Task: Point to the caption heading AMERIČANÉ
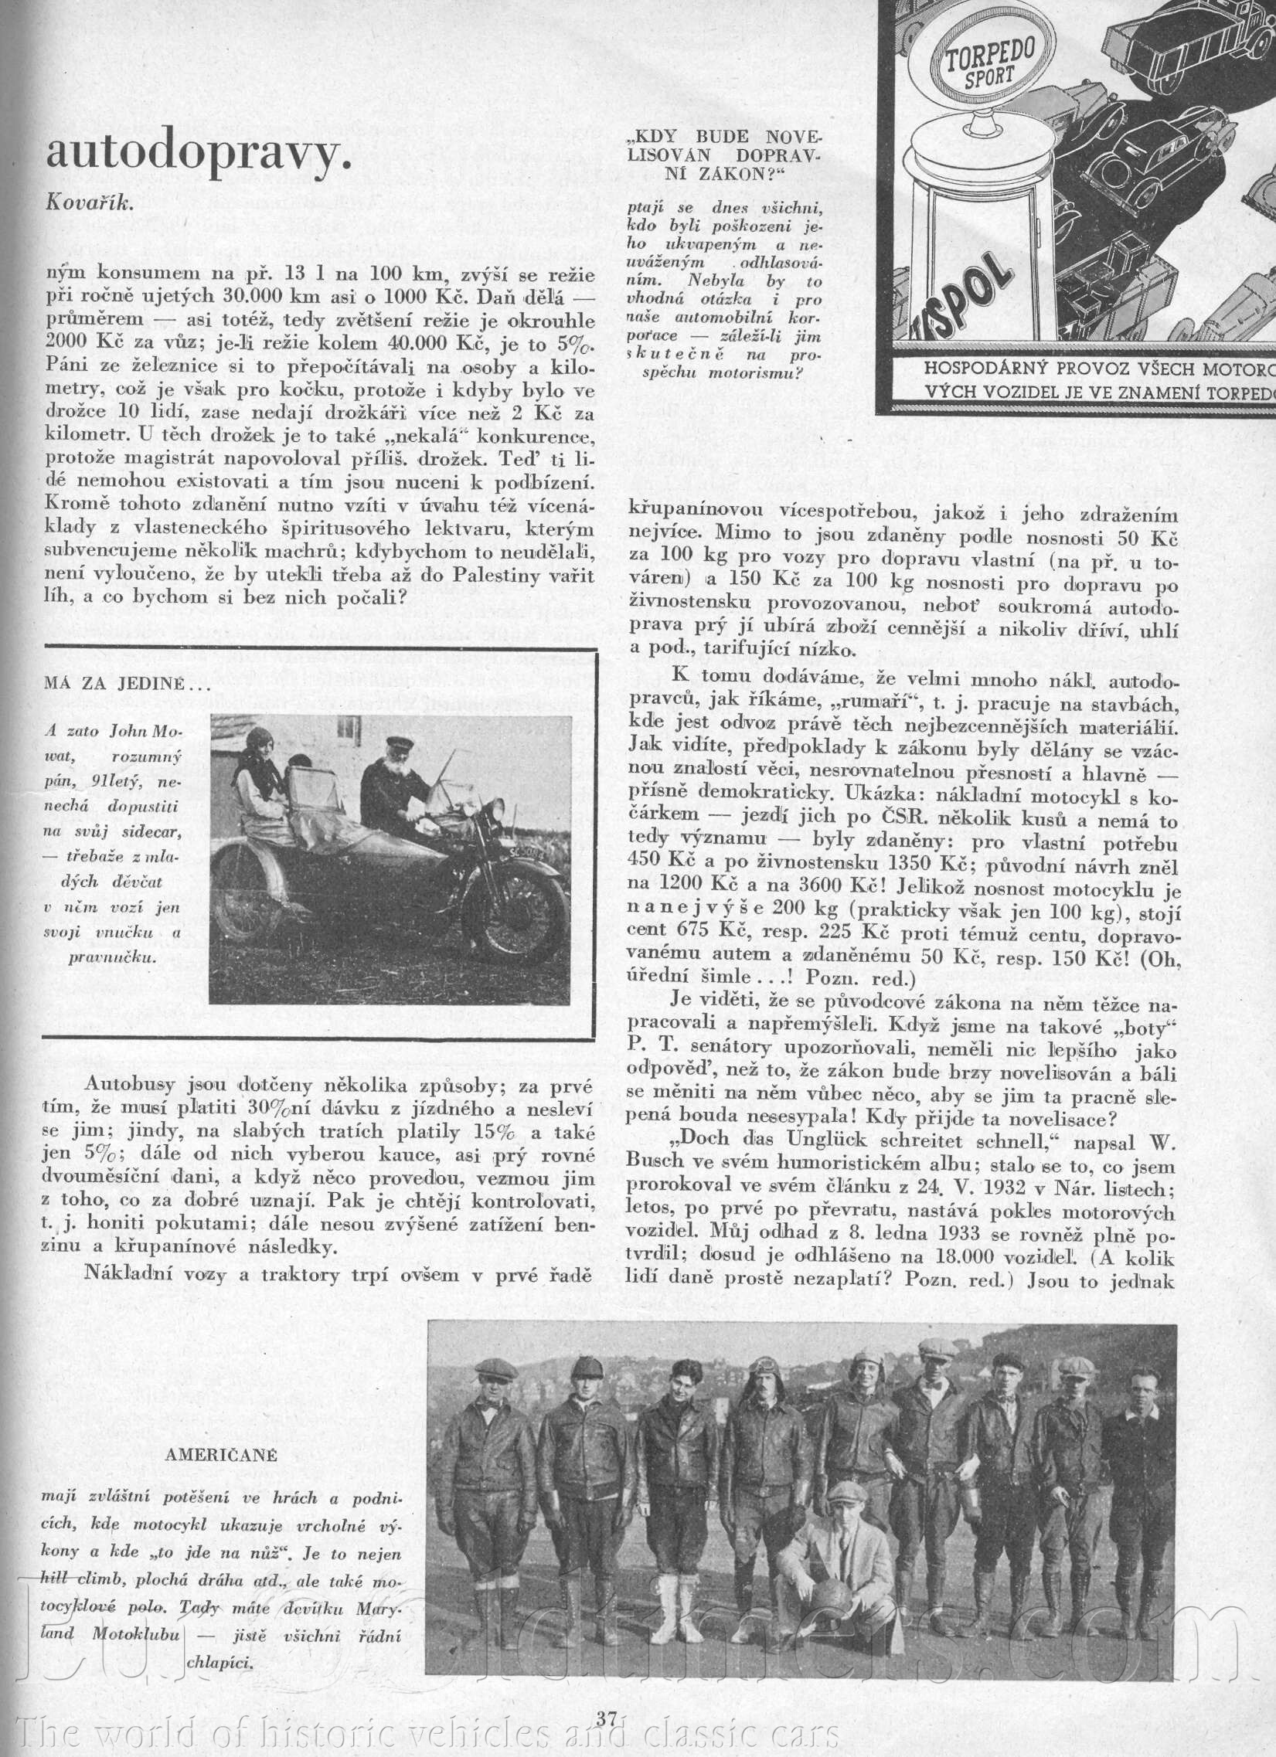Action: (x=221, y=1455)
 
